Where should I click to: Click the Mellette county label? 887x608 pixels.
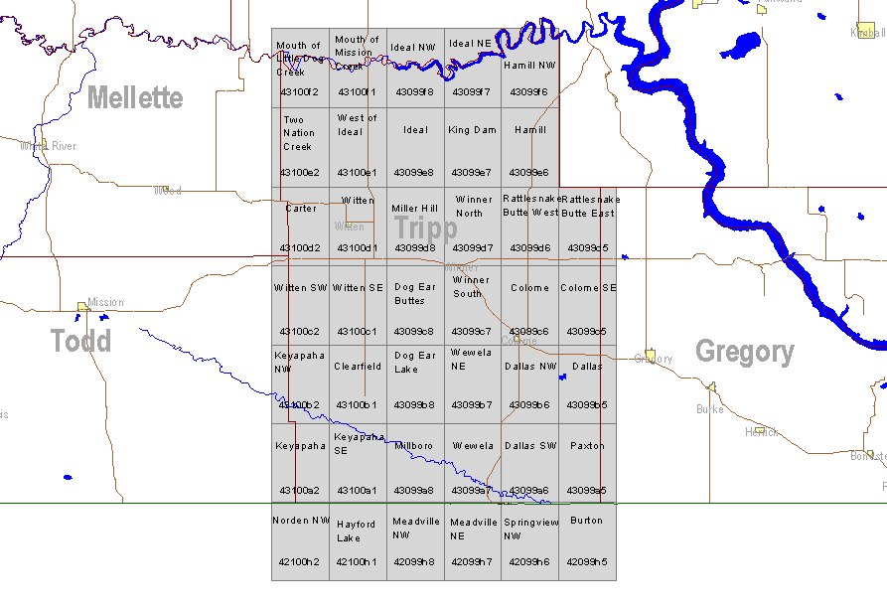click(135, 97)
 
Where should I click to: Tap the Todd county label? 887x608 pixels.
click(81, 341)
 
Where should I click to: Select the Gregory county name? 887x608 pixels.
click(744, 352)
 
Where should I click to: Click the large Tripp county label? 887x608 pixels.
click(426, 228)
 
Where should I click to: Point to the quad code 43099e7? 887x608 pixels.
click(471, 172)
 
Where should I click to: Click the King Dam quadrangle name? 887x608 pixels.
click(472, 130)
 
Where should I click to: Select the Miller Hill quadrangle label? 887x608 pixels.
click(414, 209)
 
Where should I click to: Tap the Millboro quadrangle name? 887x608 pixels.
click(413, 446)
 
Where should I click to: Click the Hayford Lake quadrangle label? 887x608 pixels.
click(356, 531)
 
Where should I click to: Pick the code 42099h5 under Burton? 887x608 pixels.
click(586, 561)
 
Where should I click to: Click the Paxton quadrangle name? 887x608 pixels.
click(587, 446)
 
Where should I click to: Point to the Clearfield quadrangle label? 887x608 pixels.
click(358, 367)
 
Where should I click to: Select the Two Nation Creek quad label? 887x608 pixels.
click(299, 133)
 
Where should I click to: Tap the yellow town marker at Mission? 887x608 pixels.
click(83, 307)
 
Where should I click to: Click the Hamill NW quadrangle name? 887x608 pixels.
click(529, 66)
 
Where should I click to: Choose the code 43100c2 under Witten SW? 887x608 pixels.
click(299, 331)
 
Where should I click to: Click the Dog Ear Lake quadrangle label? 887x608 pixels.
click(414, 362)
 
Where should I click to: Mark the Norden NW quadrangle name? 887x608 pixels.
click(301, 521)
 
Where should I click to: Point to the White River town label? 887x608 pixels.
click(50, 146)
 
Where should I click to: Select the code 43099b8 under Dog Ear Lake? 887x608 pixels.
click(414, 404)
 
